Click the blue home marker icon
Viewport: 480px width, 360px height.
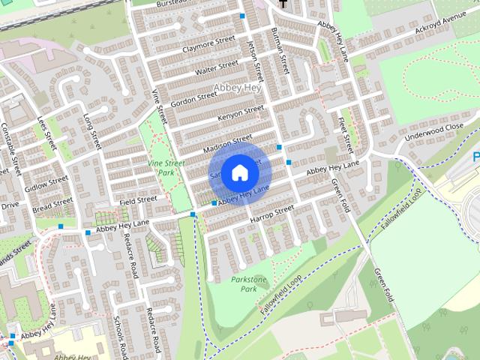click(x=239, y=172)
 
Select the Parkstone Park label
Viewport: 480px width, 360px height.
click(x=249, y=283)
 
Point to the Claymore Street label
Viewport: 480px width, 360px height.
click(x=204, y=46)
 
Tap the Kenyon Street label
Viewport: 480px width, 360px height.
click(x=241, y=114)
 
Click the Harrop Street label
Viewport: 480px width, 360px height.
click(x=272, y=215)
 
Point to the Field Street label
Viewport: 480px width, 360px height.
click(x=137, y=200)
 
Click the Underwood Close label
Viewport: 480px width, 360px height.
click(x=433, y=133)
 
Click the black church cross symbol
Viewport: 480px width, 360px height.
click(x=283, y=4)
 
